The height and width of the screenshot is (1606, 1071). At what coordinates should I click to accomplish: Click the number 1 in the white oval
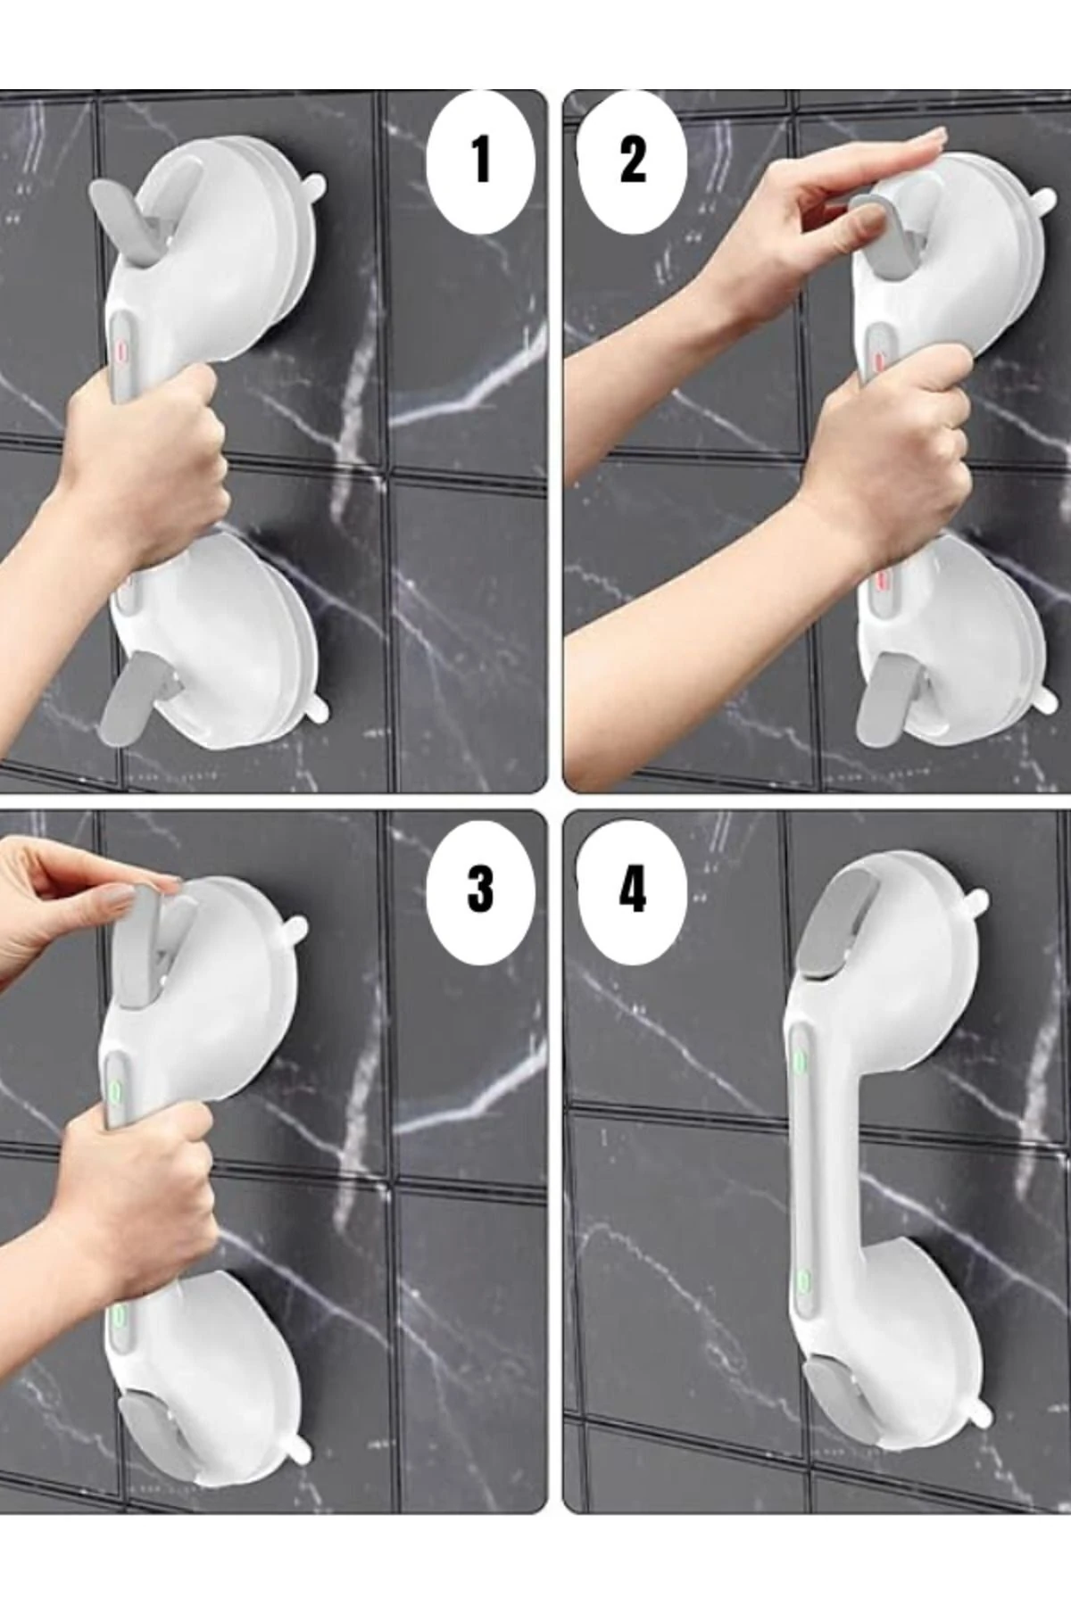coord(482,161)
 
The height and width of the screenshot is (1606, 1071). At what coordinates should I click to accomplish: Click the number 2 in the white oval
coord(633,161)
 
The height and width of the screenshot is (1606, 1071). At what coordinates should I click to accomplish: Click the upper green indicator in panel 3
coord(115,1090)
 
